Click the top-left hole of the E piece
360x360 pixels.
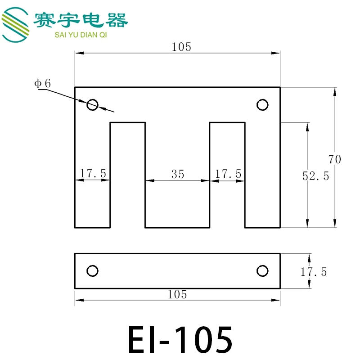click(92, 105)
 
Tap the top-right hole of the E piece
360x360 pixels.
click(262, 105)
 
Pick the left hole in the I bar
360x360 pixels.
click(92, 271)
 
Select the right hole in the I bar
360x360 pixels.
click(262, 271)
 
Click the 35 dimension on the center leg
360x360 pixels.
click(178, 174)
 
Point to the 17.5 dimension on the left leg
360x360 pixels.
click(93, 173)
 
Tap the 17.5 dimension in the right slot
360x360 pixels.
click(228, 173)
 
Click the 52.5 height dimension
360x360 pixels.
click(315, 176)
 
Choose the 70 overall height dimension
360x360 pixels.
click(335, 159)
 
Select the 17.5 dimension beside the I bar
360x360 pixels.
click(314, 272)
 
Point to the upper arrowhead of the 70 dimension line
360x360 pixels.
click(334, 91)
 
